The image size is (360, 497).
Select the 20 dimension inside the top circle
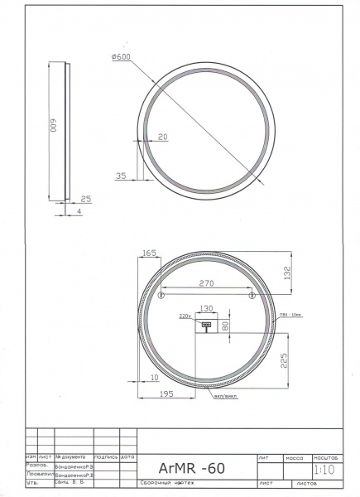[x=161, y=136]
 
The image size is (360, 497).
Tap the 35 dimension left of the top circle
[x=122, y=176]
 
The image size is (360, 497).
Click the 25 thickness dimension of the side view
[x=87, y=199]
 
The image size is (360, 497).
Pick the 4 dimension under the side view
[x=79, y=213]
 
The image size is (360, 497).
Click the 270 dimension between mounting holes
[x=206, y=283]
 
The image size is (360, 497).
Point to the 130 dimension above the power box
[x=207, y=308]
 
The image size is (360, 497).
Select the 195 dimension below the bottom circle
[x=167, y=396]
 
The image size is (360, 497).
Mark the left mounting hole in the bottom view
[x=161, y=296]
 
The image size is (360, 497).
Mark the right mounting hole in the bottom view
[x=252, y=296]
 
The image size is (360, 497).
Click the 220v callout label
[x=185, y=316]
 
